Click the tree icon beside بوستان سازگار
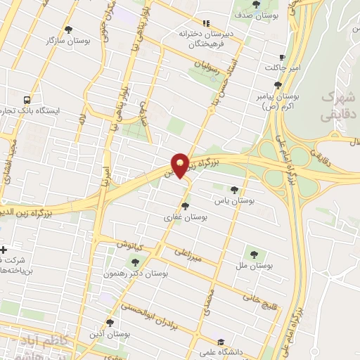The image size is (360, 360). (x=68, y=30)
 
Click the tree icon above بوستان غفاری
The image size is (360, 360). (x=185, y=206)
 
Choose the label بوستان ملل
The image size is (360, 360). (x=254, y=266)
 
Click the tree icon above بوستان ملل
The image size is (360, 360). (x=254, y=254)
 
